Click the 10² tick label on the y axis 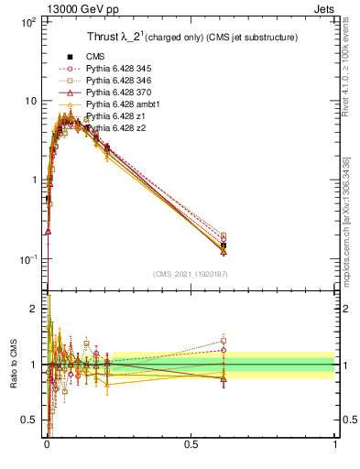(27, 20)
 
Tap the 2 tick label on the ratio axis (33, 309)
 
